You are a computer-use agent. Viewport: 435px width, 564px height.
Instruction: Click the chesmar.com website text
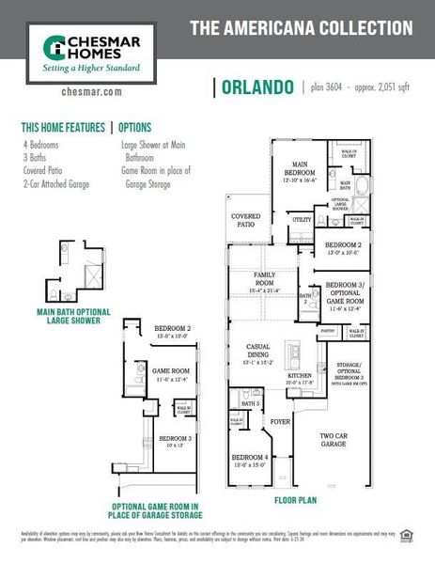(91, 93)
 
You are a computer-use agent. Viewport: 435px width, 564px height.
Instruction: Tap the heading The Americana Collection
(301, 28)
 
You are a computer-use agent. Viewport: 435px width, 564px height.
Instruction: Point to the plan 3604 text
(327, 88)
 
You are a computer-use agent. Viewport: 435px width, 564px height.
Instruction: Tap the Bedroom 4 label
(249, 460)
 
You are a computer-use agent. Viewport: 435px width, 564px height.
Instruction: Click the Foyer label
(281, 422)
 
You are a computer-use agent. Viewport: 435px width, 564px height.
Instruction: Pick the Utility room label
(302, 219)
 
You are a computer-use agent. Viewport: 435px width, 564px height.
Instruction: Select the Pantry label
(328, 331)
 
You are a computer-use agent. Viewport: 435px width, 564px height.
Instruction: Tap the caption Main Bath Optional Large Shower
(73, 316)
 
